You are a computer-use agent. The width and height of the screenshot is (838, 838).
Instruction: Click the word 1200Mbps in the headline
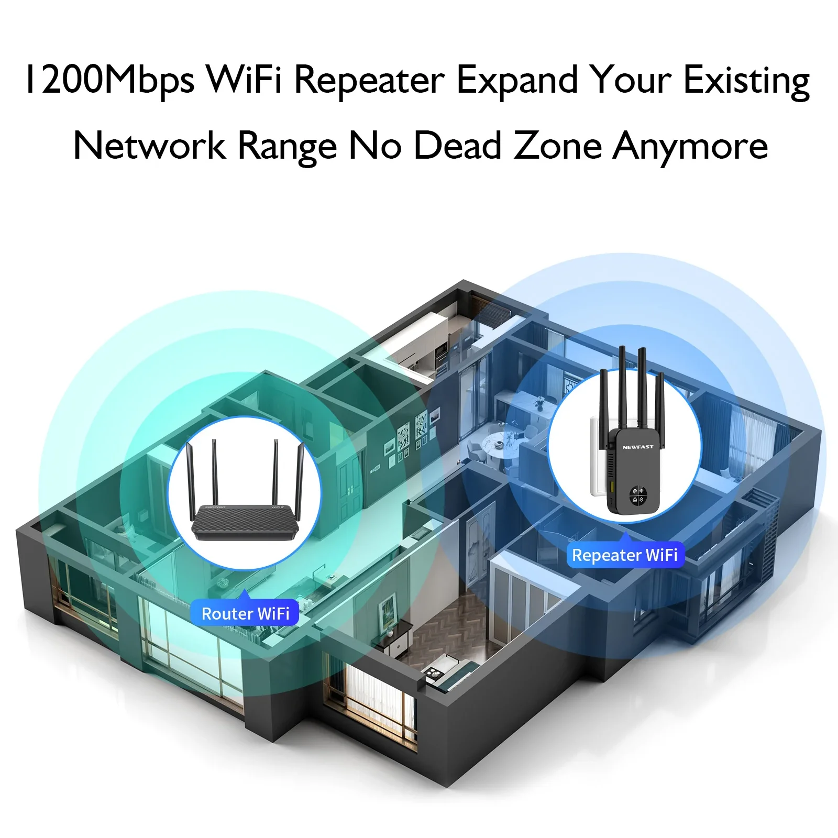[x=110, y=80]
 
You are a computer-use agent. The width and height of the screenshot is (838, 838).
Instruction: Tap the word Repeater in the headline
[x=369, y=80]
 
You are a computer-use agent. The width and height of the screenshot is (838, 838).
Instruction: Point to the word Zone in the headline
[x=557, y=146]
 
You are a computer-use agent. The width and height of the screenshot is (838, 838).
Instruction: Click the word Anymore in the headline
[x=690, y=146]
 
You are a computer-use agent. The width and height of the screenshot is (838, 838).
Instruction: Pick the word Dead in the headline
[x=458, y=146]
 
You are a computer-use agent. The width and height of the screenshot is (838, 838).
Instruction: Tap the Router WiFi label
[x=245, y=613]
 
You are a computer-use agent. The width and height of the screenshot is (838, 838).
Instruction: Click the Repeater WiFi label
[x=625, y=555]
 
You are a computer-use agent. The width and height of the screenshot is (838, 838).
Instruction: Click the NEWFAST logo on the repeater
[x=638, y=447]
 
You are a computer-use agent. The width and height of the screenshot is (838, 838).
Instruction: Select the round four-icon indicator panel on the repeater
[x=638, y=495]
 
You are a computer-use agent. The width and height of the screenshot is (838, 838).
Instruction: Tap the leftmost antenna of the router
[x=190, y=477]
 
